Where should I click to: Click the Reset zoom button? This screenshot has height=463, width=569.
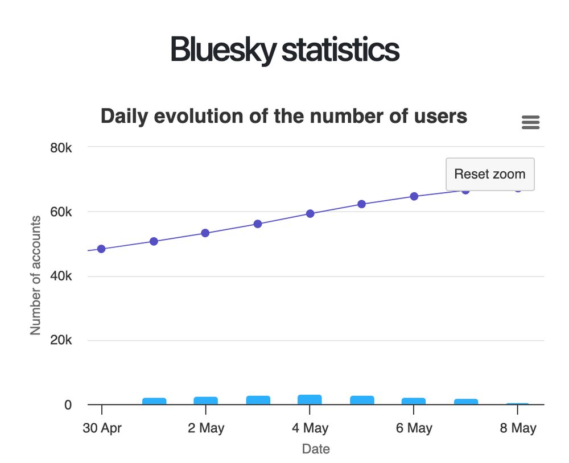tap(490, 174)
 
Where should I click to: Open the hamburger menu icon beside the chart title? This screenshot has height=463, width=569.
tap(530, 122)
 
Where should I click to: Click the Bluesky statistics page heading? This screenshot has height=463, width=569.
tap(284, 50)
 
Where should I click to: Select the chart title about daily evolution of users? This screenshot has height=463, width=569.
tap(284, 116)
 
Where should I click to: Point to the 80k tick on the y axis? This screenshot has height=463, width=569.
tap(60, 147)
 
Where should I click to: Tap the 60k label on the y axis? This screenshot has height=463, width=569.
tap(60, 212)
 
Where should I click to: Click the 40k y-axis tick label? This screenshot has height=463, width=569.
tap(60, 276)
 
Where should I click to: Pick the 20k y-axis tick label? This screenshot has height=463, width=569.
tap(60, 341)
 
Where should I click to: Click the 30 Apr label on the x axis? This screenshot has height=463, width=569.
tap(102, 428)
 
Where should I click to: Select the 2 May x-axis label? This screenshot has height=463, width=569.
tap(206, 428)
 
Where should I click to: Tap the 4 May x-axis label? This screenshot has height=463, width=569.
tap(310, 428)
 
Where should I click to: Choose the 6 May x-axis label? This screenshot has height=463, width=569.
tap(414, 428)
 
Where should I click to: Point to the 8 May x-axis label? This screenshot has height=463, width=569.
tap(518, 428)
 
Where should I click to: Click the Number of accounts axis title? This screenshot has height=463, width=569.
tap(36, 275)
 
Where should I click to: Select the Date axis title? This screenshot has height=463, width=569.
tap(316, 449)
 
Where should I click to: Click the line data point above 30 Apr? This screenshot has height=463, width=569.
tap(101, 249)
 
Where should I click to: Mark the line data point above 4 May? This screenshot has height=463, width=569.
tap(310, 213)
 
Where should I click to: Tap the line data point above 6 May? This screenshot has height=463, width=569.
tap(414, 196)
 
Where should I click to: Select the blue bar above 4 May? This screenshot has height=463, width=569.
tap(310, 399)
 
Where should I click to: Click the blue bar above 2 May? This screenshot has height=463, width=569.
tap(205, 400)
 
